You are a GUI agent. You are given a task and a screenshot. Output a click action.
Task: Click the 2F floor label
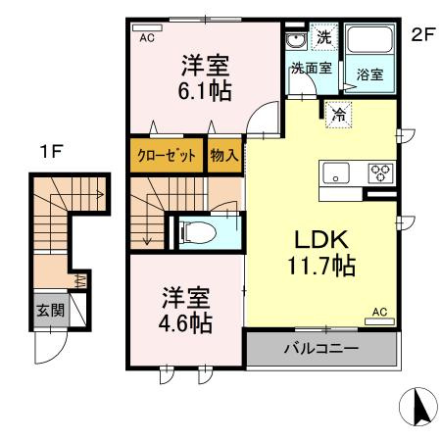click(x=422, y=36)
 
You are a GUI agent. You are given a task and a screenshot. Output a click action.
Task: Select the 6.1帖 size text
click(x=205, y=89)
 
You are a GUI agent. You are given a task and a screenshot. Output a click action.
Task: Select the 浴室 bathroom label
click(x=369, y=74)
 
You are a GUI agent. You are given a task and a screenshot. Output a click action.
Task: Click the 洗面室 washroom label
click(x=311, y=70)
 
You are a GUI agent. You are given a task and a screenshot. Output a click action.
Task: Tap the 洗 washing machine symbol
click(x=324, y=38)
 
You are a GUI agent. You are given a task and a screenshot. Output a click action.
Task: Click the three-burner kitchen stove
click(x=379, y=172)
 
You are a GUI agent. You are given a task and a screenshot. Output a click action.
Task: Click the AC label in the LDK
click(x=378, y=313)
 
